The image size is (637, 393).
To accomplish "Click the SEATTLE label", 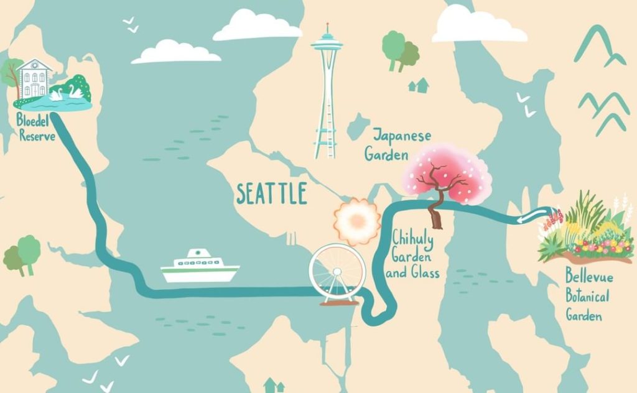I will coord(272,194).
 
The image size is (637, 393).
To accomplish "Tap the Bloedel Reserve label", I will coord(37,127).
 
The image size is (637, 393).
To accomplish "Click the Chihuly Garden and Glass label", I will coord(416,254).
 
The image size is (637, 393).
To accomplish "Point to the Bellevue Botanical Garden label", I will coord(587,294).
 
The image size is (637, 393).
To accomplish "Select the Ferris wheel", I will coord(337,274).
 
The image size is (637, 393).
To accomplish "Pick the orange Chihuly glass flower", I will coord(356,220).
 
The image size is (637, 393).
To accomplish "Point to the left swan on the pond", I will coord(57,95).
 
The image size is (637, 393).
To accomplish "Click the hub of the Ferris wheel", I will coord(337,272).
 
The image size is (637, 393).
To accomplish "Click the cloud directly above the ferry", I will coord(176,52).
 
